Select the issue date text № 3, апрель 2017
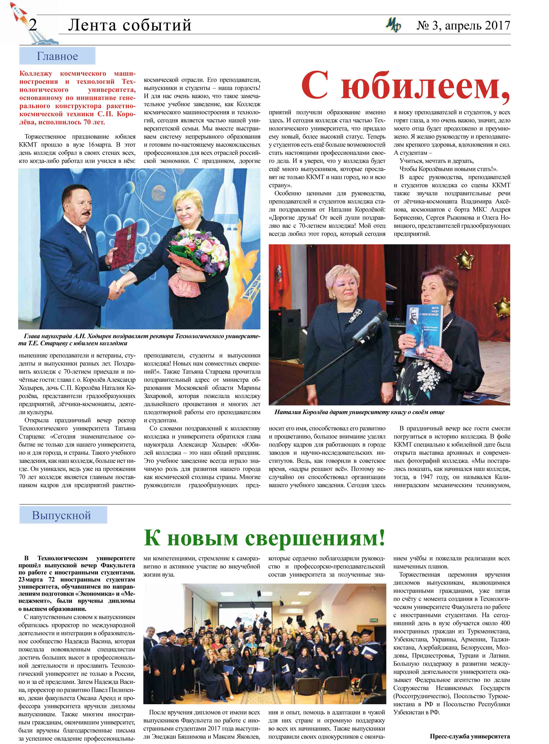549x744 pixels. point(463,26)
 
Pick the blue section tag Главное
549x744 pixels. point(57,56)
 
